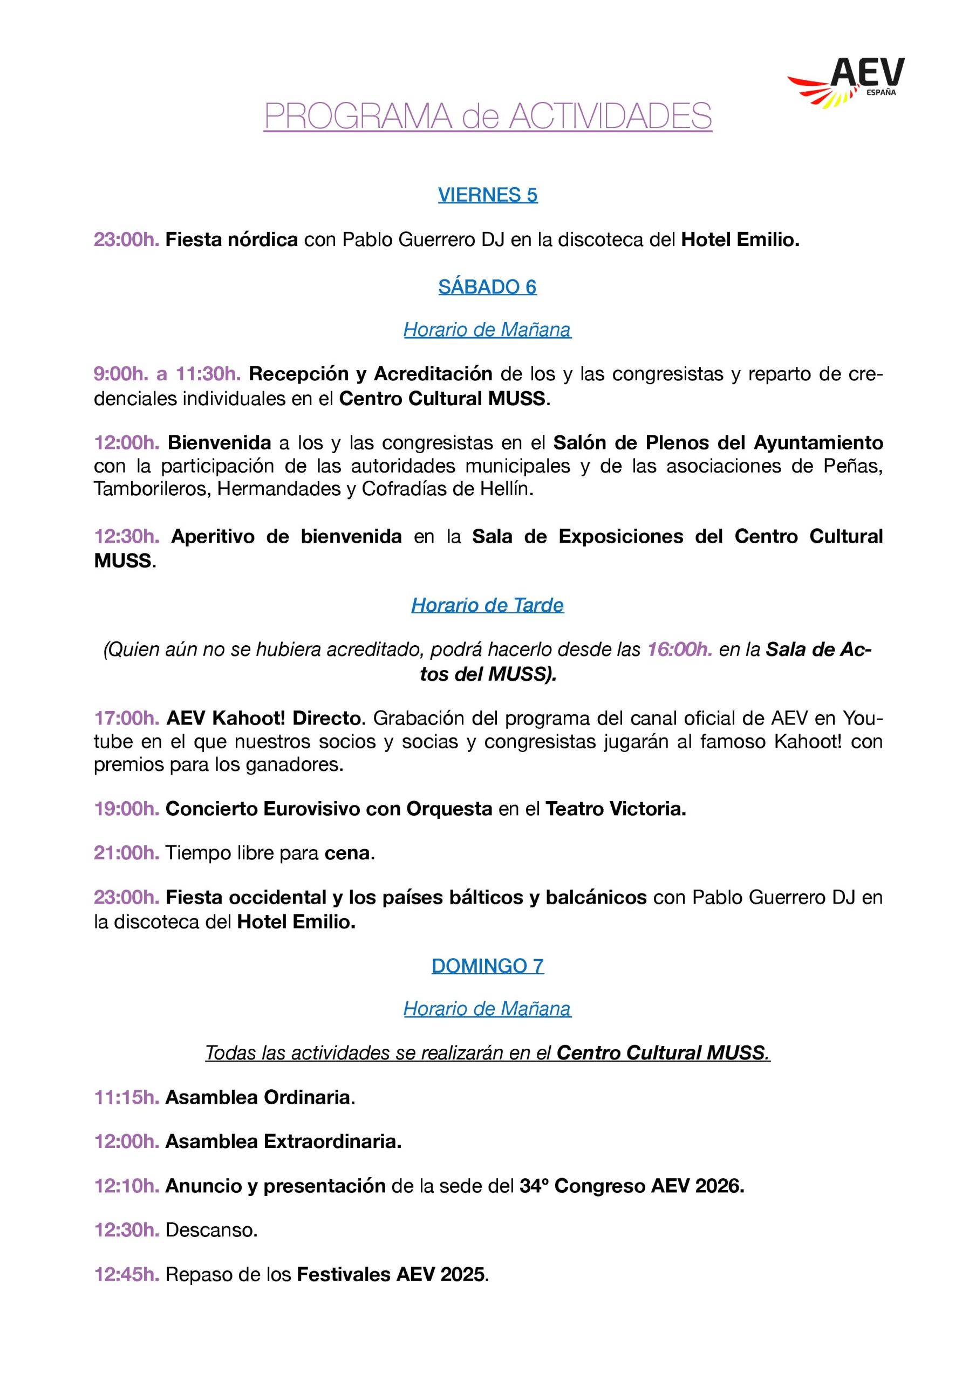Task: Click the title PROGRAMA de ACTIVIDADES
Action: click(x=487, y=116)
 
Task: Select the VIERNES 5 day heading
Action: click(x=487, y=195)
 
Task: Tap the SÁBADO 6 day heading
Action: click(x=487, y=287)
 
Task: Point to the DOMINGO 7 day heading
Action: click(x=487, y=966)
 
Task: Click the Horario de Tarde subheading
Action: click(x=487, y=605)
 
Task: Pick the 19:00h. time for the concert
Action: click(x=126, y=809)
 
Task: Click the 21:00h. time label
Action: click(x=126, y=853)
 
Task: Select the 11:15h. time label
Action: click(x=126, y=1097)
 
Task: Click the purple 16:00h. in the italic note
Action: click(x=680, y=650)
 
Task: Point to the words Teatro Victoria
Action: click(x=616, y=809)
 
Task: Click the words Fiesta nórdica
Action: click(x=231, y=240)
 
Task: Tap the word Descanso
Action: click(x=211, y=1230)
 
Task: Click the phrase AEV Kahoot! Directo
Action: click(x=266, y=718)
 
